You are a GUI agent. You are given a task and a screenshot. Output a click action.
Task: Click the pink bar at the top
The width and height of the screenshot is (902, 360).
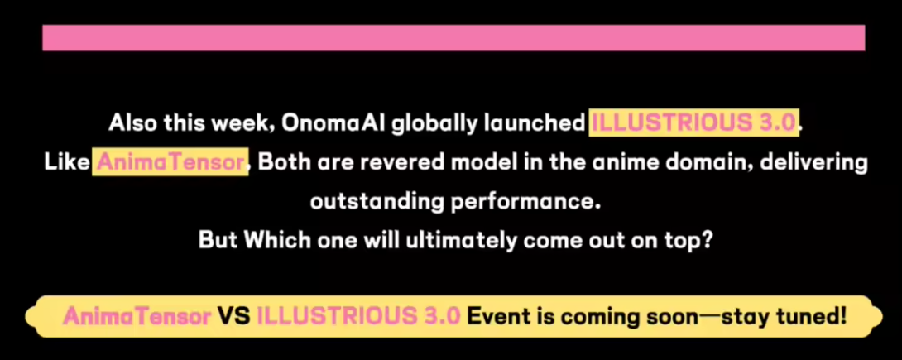point(453,37)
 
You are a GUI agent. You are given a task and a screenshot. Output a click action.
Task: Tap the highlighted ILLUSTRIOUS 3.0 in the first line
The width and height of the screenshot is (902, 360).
point(694,123)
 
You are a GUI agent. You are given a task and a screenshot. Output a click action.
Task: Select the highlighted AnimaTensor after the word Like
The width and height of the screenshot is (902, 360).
point(170,163)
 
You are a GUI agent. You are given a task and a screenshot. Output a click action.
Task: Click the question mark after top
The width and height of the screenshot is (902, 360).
point(708,240)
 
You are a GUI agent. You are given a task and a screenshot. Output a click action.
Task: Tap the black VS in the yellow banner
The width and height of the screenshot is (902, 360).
point(233,315)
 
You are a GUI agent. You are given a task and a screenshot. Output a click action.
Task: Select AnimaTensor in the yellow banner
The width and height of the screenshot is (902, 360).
point(137,315)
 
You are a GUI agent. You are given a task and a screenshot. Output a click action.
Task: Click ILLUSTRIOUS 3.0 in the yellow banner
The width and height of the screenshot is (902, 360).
point(358,315)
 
